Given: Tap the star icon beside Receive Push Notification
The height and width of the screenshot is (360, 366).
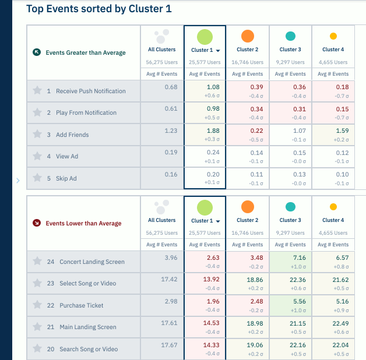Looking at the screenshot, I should coord(37,91).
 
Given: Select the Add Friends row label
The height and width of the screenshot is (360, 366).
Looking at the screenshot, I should coord(72,135).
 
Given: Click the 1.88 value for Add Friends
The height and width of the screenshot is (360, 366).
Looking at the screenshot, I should coord(213,130).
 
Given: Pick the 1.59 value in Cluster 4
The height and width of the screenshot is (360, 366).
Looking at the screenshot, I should coord(342,130).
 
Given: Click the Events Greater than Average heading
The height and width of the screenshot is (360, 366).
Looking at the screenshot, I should coord(86,52).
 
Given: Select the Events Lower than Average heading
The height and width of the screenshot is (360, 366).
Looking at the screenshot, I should coord(83,223).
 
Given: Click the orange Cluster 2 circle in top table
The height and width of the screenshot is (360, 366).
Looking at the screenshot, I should coord(247,36).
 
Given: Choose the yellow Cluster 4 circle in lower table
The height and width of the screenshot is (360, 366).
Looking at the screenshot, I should coord(333,207).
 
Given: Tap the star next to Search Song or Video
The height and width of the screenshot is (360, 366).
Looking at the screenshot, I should coord(37,349).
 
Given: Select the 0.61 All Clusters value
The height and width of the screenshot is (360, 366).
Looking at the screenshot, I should coord(171,108).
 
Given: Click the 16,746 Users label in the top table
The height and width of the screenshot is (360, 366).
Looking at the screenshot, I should coord(247,62).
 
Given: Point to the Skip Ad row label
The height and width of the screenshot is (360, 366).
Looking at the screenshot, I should coord(66,178).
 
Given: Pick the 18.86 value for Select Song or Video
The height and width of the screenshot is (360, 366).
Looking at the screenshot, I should coord(255,279).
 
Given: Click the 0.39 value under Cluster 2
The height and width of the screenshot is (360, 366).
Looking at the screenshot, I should coord(256,87).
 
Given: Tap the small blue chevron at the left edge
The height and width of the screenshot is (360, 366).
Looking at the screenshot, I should coord(17,181).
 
